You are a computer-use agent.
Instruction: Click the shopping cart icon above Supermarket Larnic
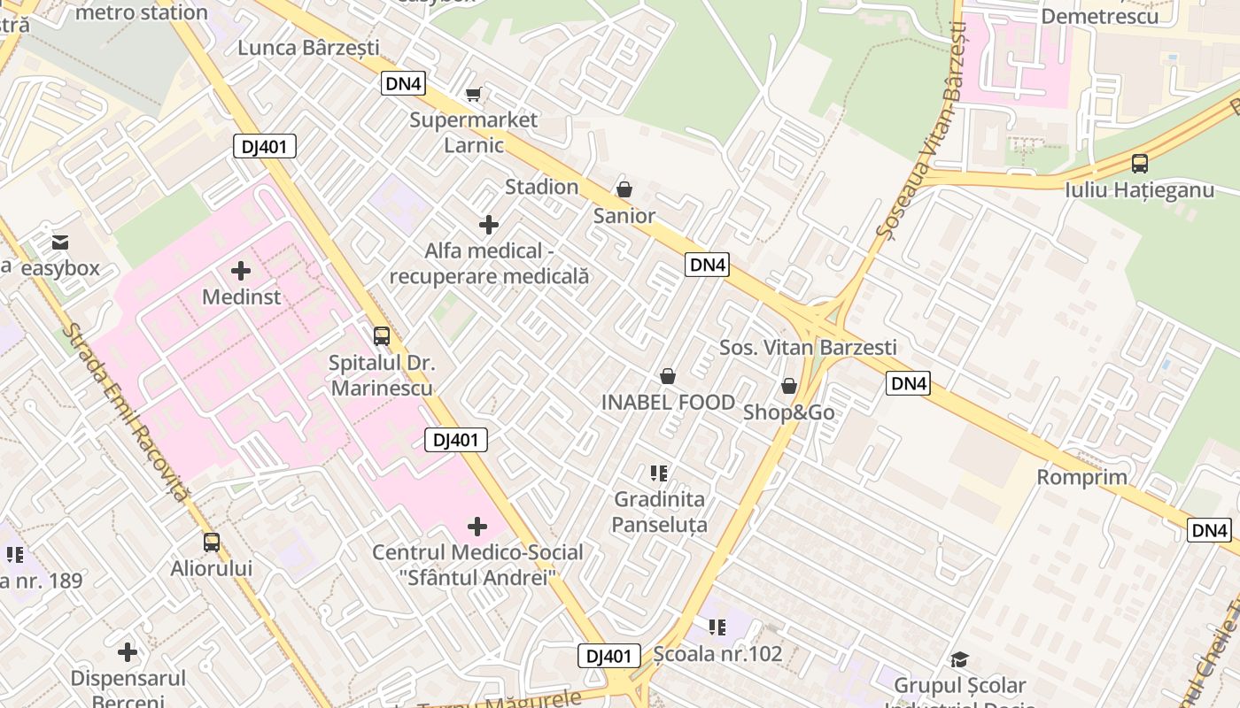(474, 94)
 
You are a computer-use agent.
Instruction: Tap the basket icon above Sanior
(624, 189)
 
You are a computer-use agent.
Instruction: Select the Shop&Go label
(788, 412)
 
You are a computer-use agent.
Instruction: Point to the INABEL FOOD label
(668, 402)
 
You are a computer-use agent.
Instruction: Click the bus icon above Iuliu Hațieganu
(1140, 164)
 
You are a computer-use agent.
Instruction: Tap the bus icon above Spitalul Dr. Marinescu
(382, 336)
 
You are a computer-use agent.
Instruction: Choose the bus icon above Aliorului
(212, 542)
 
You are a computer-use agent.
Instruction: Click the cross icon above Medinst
(241, 271)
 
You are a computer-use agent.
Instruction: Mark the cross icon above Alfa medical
(488, 225)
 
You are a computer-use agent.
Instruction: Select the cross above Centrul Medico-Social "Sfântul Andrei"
(477, 527)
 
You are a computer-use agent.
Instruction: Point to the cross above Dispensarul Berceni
(128, 653)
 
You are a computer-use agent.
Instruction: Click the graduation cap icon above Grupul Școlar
(959, 659)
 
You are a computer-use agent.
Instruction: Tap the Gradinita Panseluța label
(660, 512)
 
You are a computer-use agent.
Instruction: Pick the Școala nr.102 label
(717, 653)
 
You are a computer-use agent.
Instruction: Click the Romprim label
(1082, 477)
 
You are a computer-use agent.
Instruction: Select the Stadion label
(541, 187)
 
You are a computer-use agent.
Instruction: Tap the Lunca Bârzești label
(308, 47)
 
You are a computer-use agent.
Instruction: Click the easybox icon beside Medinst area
(60, 242)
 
